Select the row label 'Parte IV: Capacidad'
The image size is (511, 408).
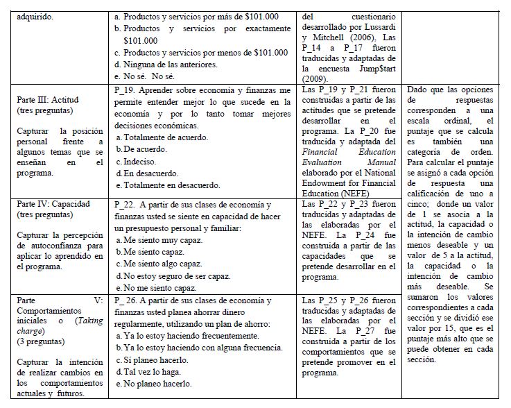(48, 206)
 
